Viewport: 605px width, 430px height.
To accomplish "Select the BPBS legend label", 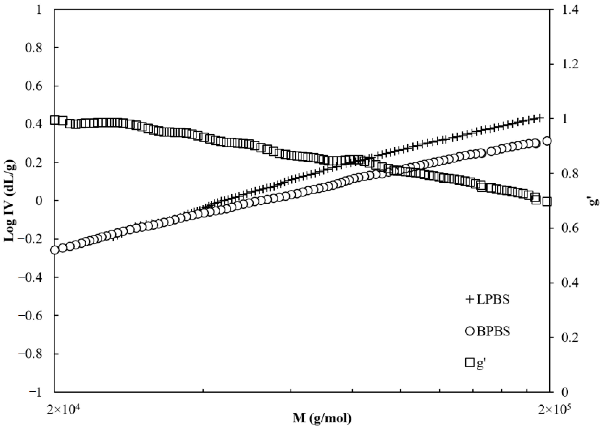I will pyautogui.click(x=493, y=331).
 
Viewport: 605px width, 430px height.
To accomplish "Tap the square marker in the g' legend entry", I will pyautogui.click(x=470, y=362).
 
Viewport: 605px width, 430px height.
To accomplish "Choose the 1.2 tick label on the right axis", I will pyautogui.click(x=569, y=64).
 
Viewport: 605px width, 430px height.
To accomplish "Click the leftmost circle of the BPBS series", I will pyautogui.click(x=54, y=250).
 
